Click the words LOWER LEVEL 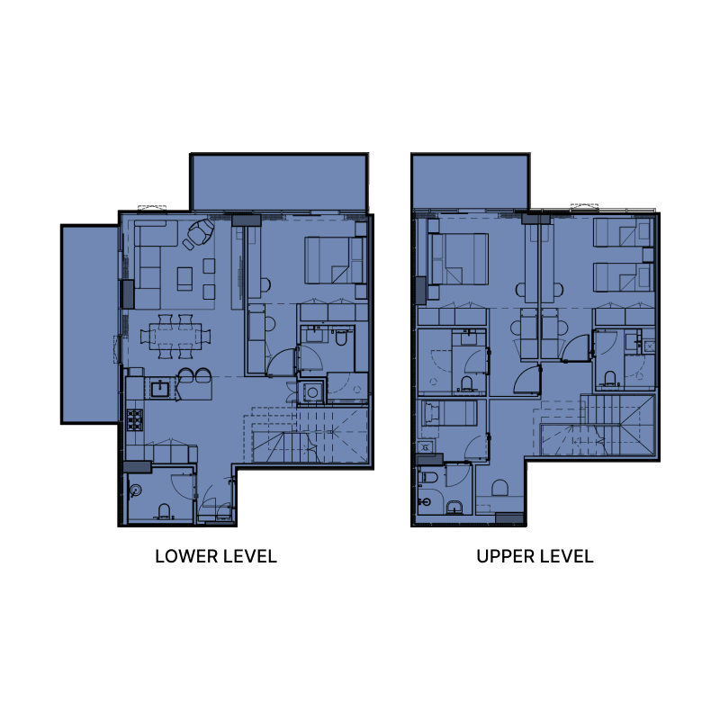coord(216,556)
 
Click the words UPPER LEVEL coord(535,556)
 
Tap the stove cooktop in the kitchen coord(136,418)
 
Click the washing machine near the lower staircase coord(312,392)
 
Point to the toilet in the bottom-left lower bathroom coord(164,511)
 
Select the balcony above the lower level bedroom coord(278,183)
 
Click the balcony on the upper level coord(468,181)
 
